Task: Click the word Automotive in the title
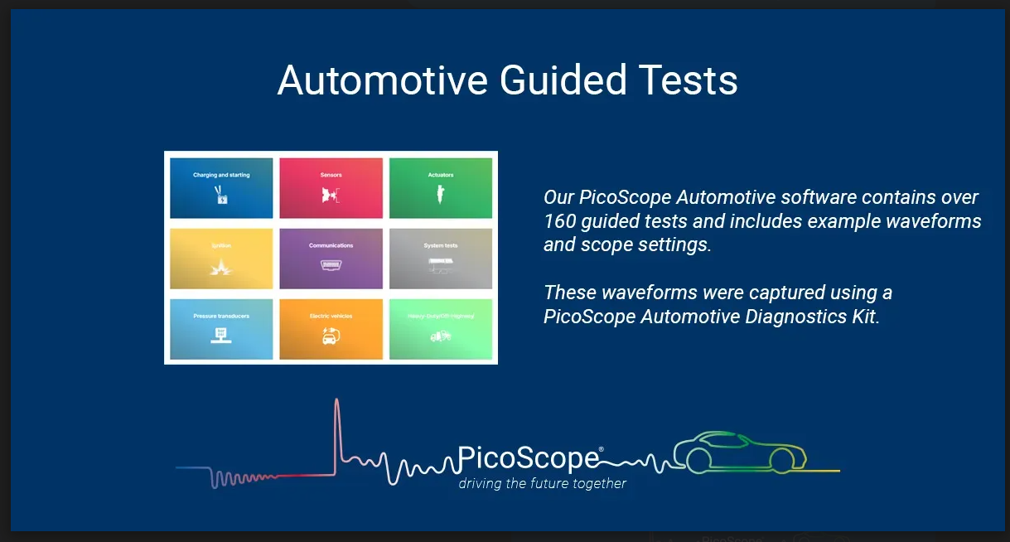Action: (381, 80)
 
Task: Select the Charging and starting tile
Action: (221, 188)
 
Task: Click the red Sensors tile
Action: (331, 188)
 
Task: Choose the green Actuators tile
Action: (441, 188)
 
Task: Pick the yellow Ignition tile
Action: (221, 259)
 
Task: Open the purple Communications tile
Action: (331, 259)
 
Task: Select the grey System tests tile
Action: (441, 259)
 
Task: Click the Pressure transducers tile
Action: (221, 329)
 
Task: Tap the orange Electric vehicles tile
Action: (331, 329)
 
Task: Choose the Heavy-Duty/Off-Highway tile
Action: (441, 329)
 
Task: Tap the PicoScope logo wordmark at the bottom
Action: (529, 458)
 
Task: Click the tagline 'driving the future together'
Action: (543, 483)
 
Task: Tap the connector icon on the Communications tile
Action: (331, 265)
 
